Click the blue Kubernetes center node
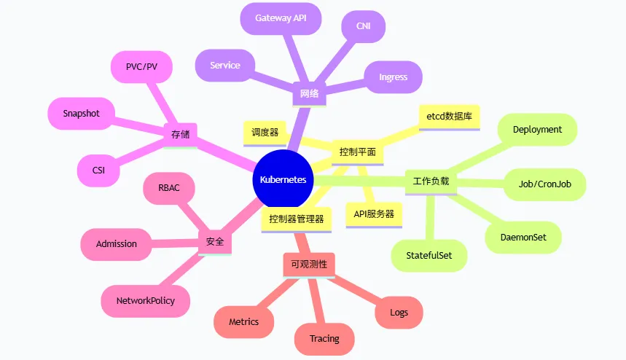pyautogui.click(x=283, y=180)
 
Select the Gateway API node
pyautogui.click(x=281, y=17)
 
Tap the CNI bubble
pyautogui.click(x=363, y=26)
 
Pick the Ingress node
pyautogui.click(x=393, y=77)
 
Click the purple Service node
pyautogui.click(x=225, y=65)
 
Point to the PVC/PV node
pyautogui.click(x=141, y=66)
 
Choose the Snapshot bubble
pyautogui.click(x=81, y=113)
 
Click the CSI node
pyautogui.click(x=98, y=171)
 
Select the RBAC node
pyautogui.click(x=168, y=188)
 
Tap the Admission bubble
pyautogui.click(x=117, y=243)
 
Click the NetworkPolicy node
pyautogui.click(x=146, y=300)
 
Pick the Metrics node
pyautogui.click(x=243, y=321)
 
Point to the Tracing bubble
pyautogui.click(x=324, y=338)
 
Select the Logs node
pyautogui.click(x=399, y=313)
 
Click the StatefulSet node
pyautogui.click(x=429, y=255)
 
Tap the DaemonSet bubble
pyautogui.click(x=523, y=237)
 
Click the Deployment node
pyautogui.click(x=537, y=129)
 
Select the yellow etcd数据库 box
pyautogui.click(x=449, y=116)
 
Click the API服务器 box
pyautogui.click(x=374, y=214)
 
